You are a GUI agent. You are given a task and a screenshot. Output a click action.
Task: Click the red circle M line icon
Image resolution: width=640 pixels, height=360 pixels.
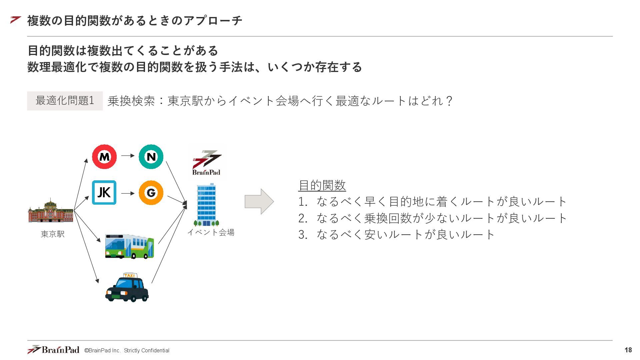104,156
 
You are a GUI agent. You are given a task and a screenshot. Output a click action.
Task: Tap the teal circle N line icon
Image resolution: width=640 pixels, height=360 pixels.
151,156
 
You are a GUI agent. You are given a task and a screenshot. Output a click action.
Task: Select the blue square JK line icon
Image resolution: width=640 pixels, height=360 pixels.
104,192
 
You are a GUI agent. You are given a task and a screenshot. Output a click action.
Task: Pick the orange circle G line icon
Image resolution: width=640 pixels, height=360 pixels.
151,192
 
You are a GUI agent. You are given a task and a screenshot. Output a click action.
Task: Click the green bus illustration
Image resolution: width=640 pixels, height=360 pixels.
129,247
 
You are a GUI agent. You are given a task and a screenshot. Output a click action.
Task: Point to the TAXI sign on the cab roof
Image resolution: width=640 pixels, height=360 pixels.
129,275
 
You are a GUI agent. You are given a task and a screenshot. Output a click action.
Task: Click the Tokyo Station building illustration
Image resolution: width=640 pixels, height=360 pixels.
51,211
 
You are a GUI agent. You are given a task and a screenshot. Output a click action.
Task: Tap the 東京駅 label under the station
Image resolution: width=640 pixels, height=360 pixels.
53,234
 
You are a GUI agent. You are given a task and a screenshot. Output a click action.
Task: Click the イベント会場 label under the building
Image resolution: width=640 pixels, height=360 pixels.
211,232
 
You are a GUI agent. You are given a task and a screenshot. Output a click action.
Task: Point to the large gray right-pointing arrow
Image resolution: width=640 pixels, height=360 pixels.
259,201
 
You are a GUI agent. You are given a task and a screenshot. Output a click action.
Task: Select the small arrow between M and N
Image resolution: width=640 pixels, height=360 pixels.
128,156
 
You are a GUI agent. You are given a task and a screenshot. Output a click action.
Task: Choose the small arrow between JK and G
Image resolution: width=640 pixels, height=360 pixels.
128,193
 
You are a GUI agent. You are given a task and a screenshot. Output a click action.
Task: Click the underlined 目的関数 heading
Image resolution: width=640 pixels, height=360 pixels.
322,185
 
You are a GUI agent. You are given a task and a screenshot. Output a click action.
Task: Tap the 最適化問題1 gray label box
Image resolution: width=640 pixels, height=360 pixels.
65,101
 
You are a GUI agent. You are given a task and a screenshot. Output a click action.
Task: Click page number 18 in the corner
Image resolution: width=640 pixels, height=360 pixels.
628,350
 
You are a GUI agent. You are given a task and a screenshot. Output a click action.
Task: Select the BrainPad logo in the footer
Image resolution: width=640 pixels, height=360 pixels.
53,350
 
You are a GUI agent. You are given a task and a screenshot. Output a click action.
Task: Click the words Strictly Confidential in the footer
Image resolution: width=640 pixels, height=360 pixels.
147,350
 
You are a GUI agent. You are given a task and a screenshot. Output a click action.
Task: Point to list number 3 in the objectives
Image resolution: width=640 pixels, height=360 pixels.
302,235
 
